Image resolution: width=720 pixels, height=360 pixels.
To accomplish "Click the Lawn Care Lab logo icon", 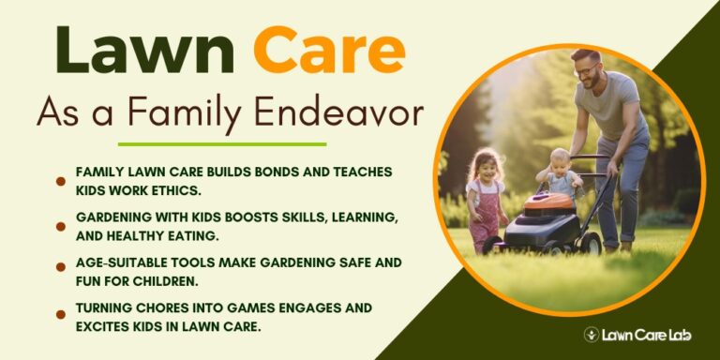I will [592, 334].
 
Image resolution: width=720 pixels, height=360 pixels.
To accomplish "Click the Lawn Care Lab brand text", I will [648, 334].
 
